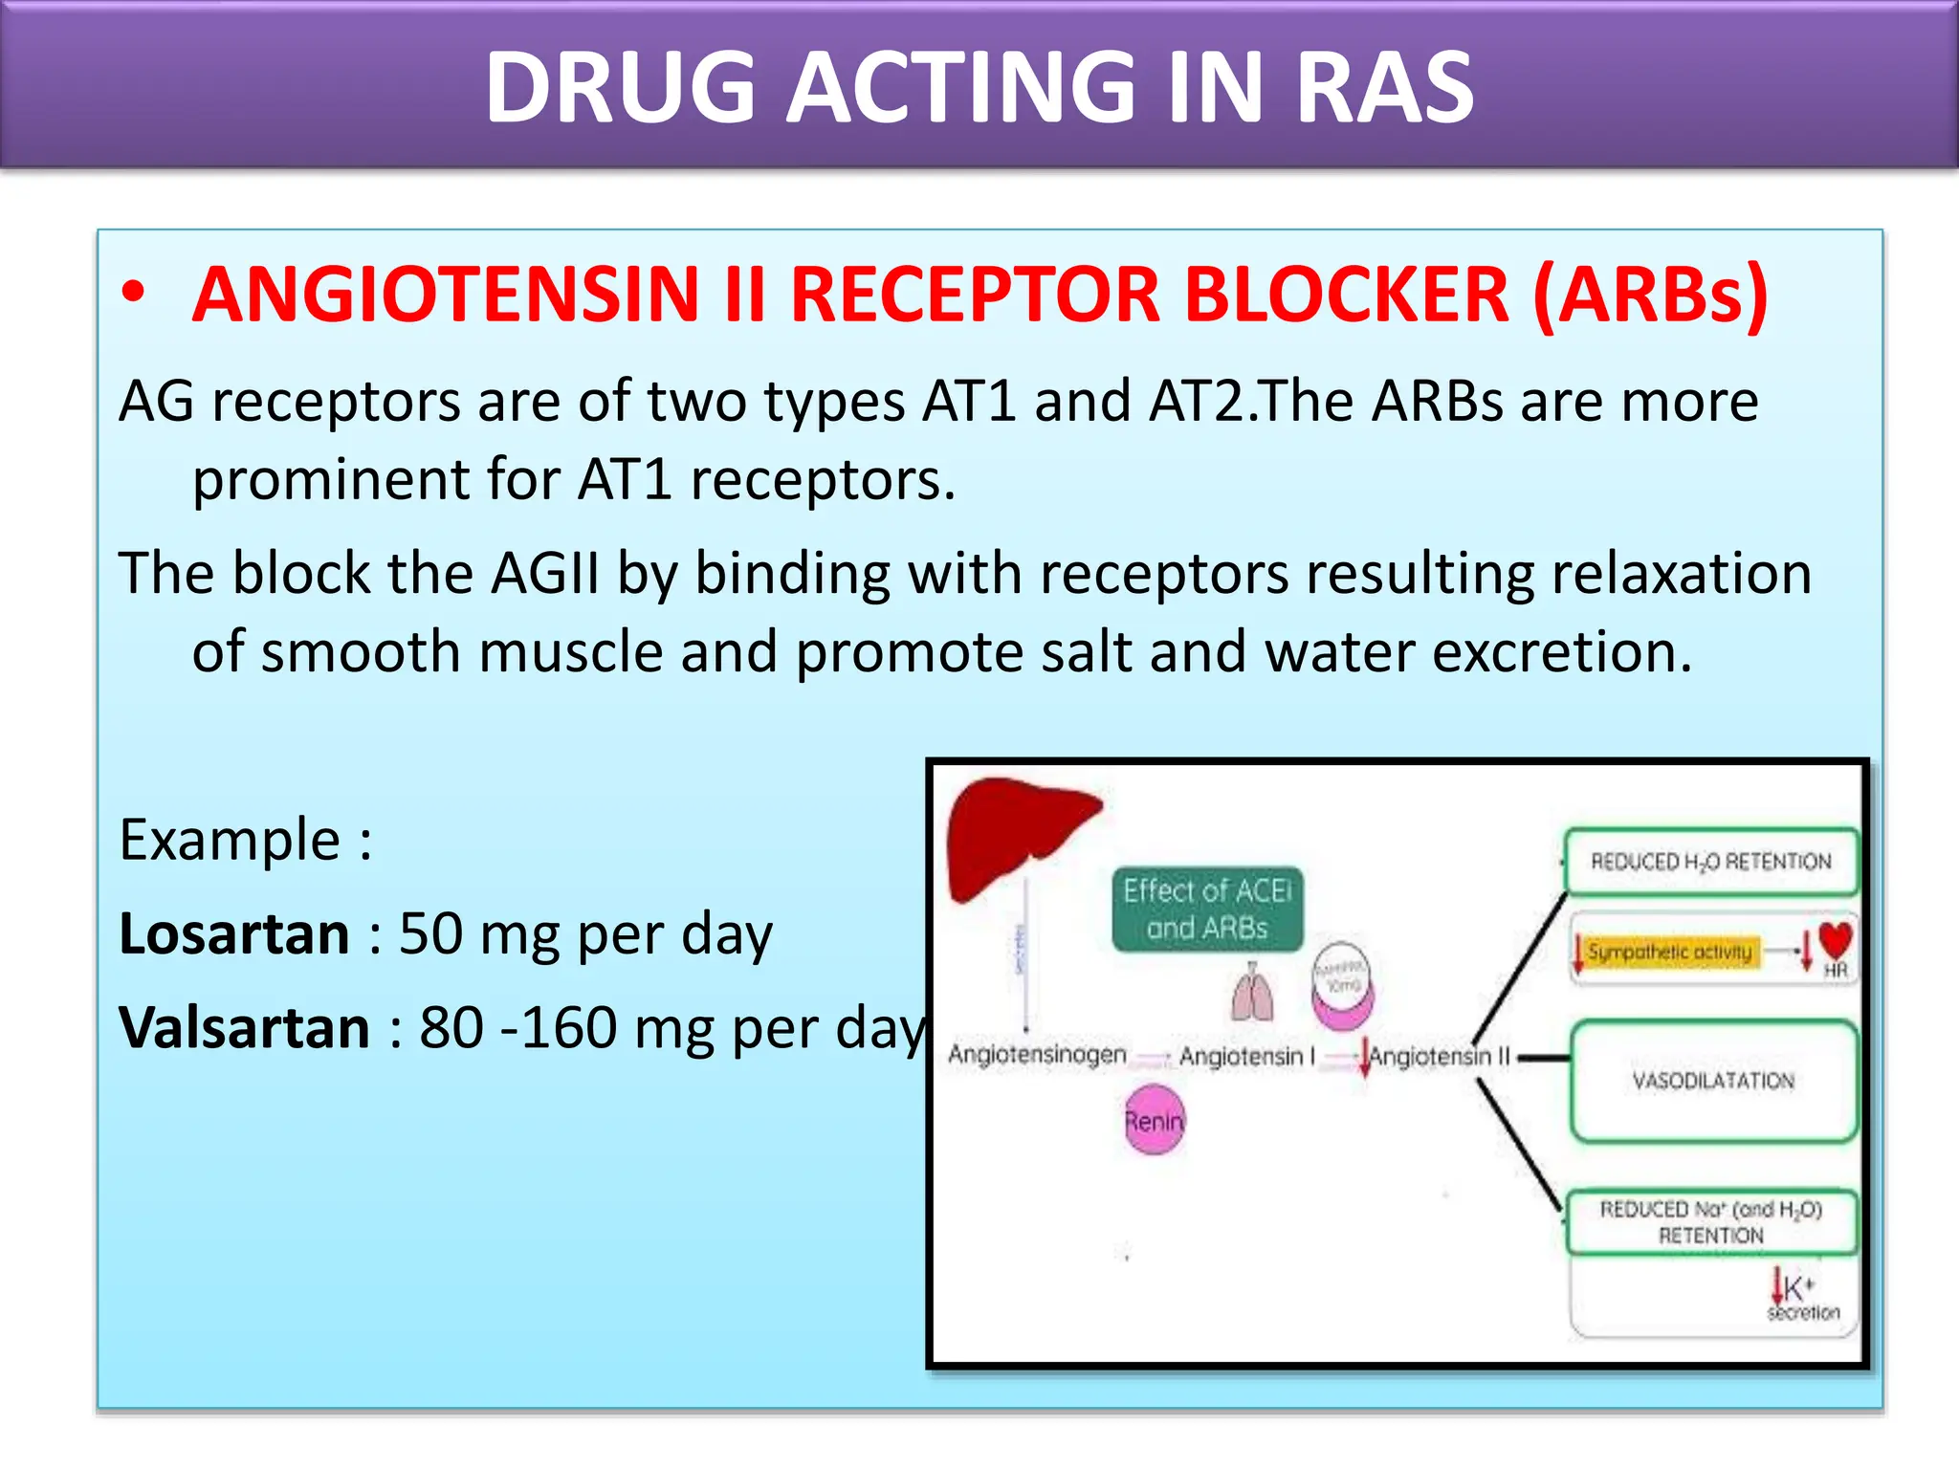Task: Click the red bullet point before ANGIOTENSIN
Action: [134, 295]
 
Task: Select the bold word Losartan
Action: [234, 934]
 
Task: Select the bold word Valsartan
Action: [244, 1028]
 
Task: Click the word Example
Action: [230, 841]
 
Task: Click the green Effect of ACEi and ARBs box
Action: [1207, 910]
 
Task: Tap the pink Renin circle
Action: [1155, 1120]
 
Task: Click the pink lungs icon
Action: [1253, 993]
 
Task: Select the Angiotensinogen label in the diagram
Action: [1037, 1055]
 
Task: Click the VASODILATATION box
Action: [1713, 1081]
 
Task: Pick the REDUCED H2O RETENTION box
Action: [1711, 862]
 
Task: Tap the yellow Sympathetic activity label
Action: [1669, 952]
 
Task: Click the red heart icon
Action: [1836, 939]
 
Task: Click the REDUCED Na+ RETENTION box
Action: [1711, 1222]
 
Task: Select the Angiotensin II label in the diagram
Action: [1440, 1057]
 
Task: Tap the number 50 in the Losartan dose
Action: [430, 934]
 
